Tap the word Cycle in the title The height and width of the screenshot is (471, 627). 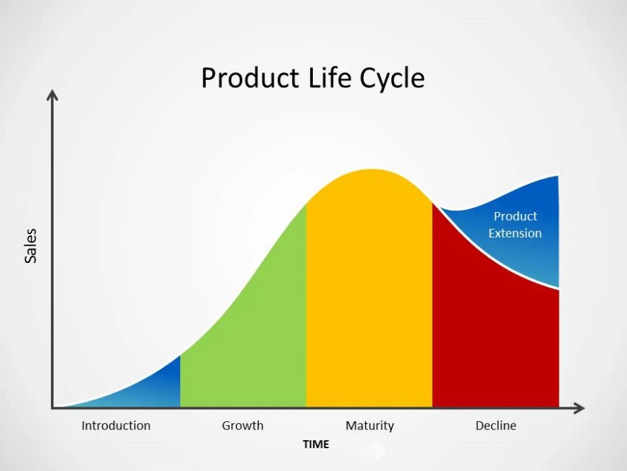[x=392, y=78]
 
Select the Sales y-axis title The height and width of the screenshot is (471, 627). [x=31, y=246]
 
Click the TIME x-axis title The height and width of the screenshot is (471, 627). [x=316, y=444]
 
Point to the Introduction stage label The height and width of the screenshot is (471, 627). [x=116, y=425]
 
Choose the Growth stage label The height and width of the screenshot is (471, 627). [x=242, y=425]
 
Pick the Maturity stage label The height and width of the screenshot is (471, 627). [x=369, y=425]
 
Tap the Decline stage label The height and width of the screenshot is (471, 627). [x=496, y=425]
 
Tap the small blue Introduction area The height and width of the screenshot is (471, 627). [x=157, y=389]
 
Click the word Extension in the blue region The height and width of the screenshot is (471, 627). [x=514, y=233]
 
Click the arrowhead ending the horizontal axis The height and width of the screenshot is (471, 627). [x=580, y=408]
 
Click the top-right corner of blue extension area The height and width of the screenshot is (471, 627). [x=557, y=176]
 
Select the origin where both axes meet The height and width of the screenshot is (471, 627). [x=52, y=408]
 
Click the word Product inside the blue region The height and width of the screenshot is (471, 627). [x=515, y=216]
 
